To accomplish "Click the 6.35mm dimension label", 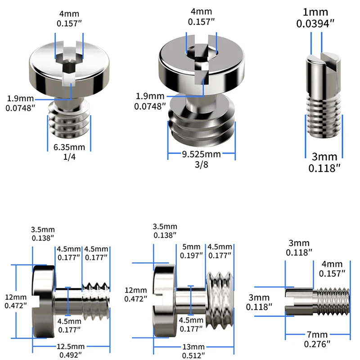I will [69, 147].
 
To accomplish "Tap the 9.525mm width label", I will [201, 155].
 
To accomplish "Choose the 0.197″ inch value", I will [191, 256].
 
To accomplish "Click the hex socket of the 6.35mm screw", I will [69, 67].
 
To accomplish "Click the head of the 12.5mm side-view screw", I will [43, 300].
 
